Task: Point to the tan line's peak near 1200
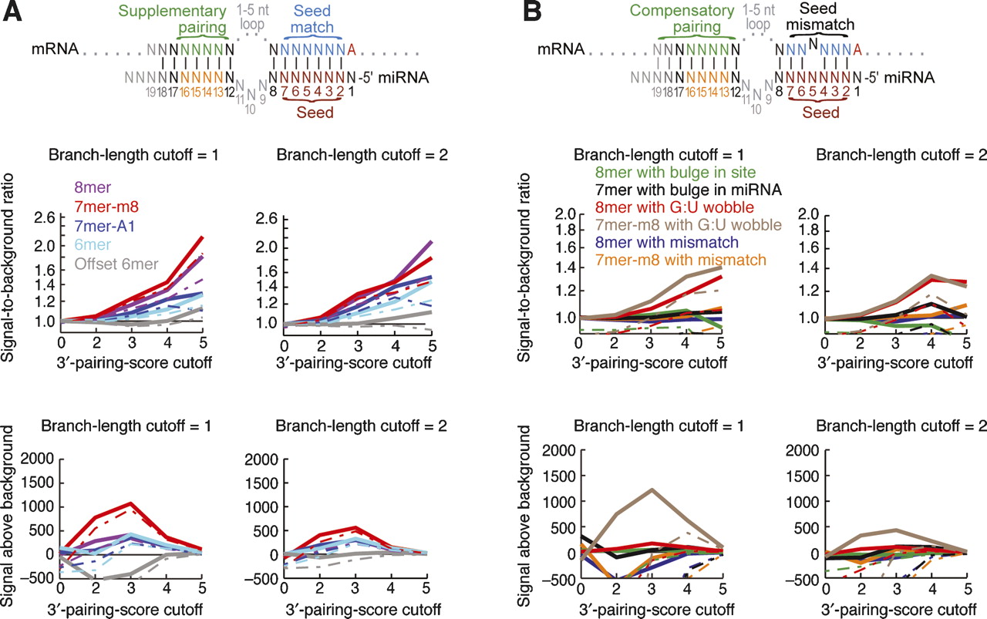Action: pyautogui.click(x=653, y=489)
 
